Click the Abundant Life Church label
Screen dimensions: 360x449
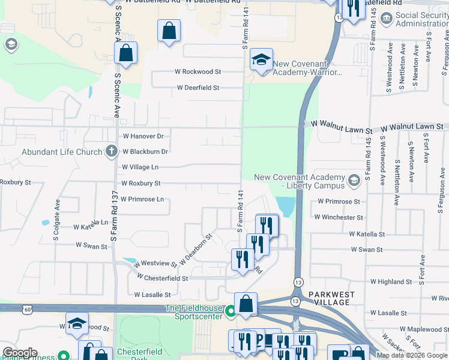tap(62, 152)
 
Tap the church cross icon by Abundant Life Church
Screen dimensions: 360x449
tap(112, 151)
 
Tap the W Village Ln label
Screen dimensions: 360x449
tap(140, 167)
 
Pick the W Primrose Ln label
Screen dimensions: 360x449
tap(142, 199)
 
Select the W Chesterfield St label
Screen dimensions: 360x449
tap(162, 278)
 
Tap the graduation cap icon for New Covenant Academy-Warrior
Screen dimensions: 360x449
tap(261, 59)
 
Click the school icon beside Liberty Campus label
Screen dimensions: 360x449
tap(354, 179)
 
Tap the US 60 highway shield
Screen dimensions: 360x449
tap(28, 309)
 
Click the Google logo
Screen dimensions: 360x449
tap(20, 353)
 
